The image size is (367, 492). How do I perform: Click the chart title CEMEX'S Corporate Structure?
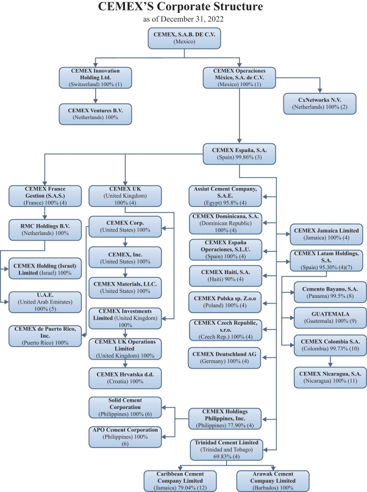coord(184,7)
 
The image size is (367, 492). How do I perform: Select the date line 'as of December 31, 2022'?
coord(184,19)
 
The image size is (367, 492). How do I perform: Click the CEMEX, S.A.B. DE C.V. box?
coord(184,37)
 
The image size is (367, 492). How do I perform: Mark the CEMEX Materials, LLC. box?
coord(126,286)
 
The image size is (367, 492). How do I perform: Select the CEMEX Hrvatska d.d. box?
coord(126,377)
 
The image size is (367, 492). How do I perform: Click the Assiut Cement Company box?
coord(225,195)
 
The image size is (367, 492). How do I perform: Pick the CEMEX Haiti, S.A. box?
coord(225,275)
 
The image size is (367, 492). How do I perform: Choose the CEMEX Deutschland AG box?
coord(225,358)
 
